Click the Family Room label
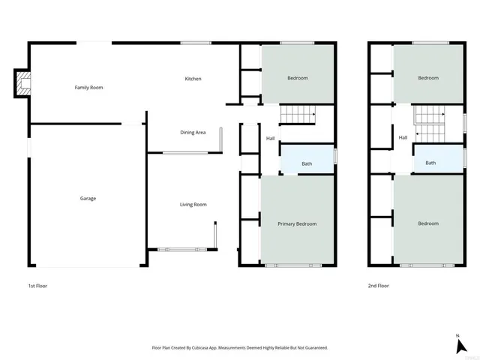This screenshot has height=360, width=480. [88, 88]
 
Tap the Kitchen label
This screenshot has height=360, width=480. [193, 79]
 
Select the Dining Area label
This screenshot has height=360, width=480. [193, 133]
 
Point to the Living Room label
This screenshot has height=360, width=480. [193, 205]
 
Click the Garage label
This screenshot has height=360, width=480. [88, 199]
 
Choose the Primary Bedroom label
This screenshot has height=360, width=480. [297, 224]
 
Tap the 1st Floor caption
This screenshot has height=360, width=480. [37, 286]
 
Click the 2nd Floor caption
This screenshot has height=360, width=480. [378, 286]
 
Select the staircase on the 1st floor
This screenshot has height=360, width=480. [298, 115]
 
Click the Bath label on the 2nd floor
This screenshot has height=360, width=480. [430, 163]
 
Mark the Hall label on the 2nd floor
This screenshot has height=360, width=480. [403, 137]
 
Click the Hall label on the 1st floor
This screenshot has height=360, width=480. [270, 138]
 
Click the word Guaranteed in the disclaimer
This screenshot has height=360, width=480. [313, 348]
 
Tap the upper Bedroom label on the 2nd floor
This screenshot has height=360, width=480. [427, 78]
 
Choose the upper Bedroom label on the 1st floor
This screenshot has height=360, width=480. [297, 78]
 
